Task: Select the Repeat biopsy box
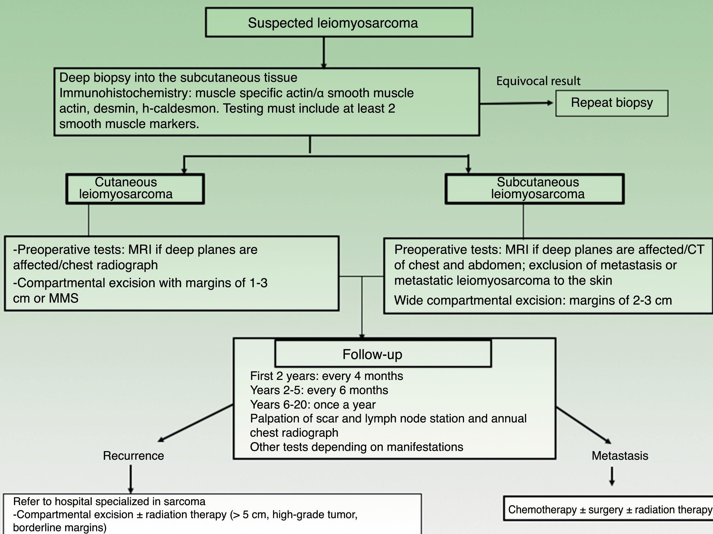pyautogui.click(x=611, y=103)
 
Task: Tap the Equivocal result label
pyautogui.click(x=538, y=81)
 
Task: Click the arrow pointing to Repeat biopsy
pyautogui.click(x=516, y=103)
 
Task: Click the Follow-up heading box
pyautogui.click(x=383, y=354)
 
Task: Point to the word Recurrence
pyautogui.click(x=133, y=456)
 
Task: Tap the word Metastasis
pyautogui.click(x=619, y=456)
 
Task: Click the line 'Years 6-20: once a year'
pyautogui.click(x=313, y=405)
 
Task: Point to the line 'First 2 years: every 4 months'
pyautogui.click(x=326, y=376)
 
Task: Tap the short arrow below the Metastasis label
pyautogui.click(x=612, y=476)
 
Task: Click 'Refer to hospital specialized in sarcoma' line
pyautogui.click(x=109, y=502)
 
